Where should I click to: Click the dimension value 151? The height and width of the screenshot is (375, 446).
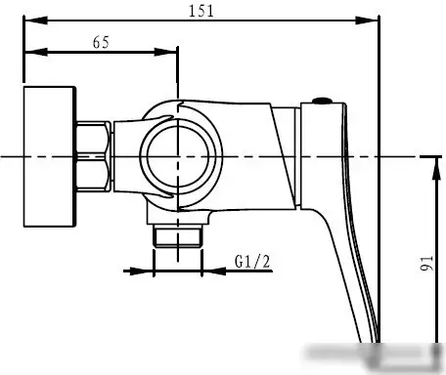point(201,11)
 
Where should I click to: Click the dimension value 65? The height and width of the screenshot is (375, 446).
point(101,42)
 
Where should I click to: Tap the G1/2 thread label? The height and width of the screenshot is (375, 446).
point(252,262)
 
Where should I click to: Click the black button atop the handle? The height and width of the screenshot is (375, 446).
point(322,101)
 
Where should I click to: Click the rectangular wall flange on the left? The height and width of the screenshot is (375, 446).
point(50,156)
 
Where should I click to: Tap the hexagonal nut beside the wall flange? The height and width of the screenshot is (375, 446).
point(93,156)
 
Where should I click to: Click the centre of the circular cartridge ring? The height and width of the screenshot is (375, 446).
point(178,156)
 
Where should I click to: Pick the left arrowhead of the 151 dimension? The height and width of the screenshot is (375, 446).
point(36,21)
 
